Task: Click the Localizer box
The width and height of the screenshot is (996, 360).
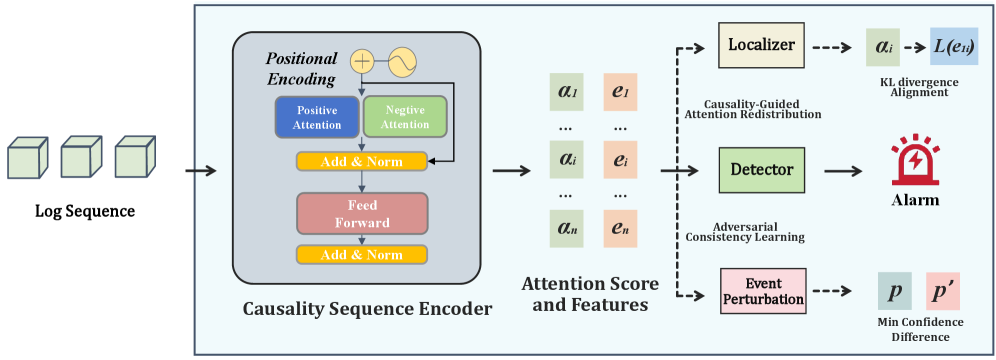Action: click(761, 45)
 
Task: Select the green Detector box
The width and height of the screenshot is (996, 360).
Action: click(762, 170)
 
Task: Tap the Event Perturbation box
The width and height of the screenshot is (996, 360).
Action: click(763, 291)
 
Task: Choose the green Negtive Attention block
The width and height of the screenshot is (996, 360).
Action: click(405, 117)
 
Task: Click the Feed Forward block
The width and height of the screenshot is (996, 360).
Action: click(362, 214)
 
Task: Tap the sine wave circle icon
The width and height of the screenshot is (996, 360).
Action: click(402, 62)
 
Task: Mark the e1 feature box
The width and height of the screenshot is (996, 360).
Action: click(619, 93)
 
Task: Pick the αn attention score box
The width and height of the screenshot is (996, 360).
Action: click(564, 229)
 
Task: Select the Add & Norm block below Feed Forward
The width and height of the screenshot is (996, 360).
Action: click(362, 255)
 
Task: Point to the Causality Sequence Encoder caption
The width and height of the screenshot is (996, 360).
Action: click(368, 309)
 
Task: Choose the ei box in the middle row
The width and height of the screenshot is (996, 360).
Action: click(619, 161)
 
